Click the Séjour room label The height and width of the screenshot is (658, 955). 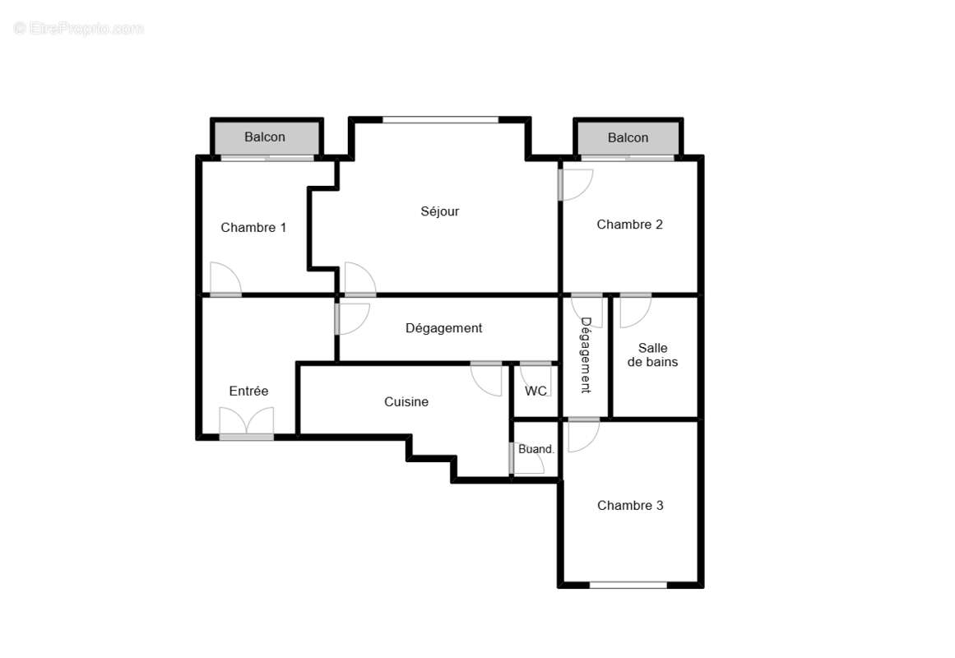pyautogui.click(x=440, y=211)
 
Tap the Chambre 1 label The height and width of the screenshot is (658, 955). pyautogui.click(x=253, y=228)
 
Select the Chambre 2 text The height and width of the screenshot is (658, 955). pyautogui.click(x=629, y=225)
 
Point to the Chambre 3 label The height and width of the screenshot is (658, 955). pyautogui.click(x=630, y=506)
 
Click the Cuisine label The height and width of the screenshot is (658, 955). pyautogui.click(x=406, y=402)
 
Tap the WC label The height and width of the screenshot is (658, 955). pyautogui.click(x=536, y=392)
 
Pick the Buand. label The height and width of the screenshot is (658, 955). pyautogui.click(x=536, y=450)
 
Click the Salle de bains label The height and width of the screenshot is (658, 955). pyautogui.click(x=652, y=355)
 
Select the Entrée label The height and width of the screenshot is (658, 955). pyautogui.click(x=248, y=392)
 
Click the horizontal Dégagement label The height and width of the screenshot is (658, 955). pyautogui.click(x=443, y=328)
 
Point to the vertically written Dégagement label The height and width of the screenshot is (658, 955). pyautogui.click(x=586, y=355)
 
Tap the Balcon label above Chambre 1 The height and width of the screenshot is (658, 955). pyautogui.click(x=265, y=137)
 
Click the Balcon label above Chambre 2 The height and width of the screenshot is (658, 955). pyautogui.click(x=628, y=138)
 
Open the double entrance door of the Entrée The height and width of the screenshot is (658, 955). pyautogui.click(x=246, y=424)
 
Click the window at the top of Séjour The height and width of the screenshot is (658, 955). pyautogui.click(x=440, y=120)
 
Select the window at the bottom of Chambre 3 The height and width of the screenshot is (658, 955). pyautogui.click(x=628, y=585)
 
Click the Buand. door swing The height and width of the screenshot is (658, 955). pyautogui.click(x=528, y=461)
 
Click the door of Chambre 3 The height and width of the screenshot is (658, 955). pyautogui.click(x=583, y=433)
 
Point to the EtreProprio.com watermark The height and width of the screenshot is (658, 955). pyautogui.click(x=79, y=29)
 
